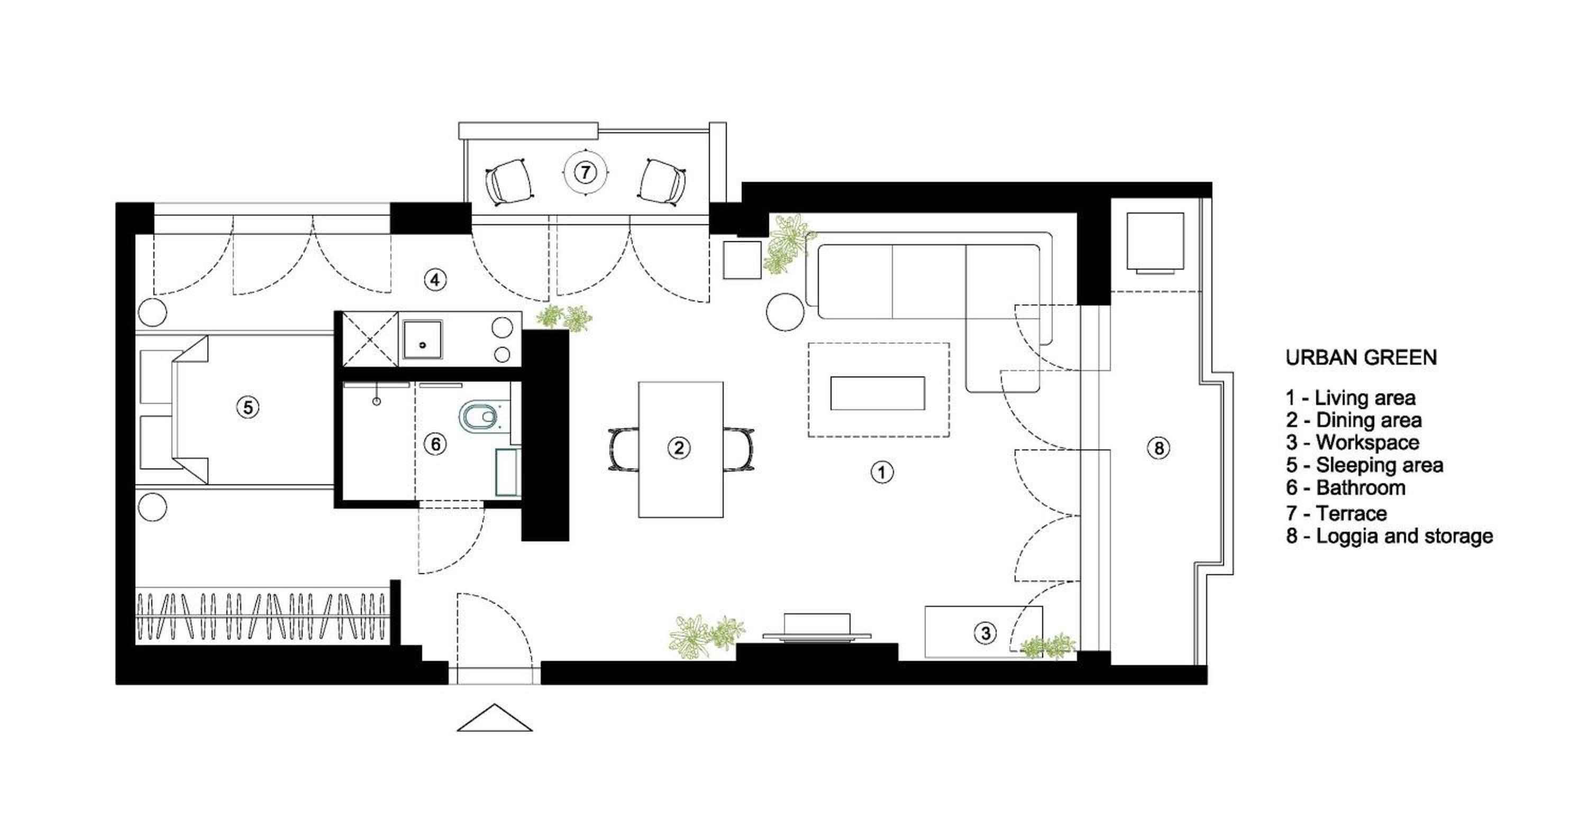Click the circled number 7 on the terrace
pos(585,172)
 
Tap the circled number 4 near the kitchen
pos(435,280)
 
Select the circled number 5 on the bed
pos(248,407)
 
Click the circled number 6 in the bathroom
pos(435,444)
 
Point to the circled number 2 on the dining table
pos(679,448)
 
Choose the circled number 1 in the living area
pos(882,472)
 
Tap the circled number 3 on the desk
pos(985,632)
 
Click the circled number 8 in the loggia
pos(1159,448)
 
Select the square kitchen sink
pos(423,339)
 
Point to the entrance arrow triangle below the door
pos(495,718)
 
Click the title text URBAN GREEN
pos(1361,358)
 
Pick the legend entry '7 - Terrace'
pos(1336,513)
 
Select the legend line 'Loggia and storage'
pos(1404,536)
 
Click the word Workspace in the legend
pos(1367,442)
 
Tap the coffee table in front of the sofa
pos(877,393)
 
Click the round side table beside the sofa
pos(785,312)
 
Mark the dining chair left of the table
pos(624,449)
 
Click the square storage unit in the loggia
pos(1155,242)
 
